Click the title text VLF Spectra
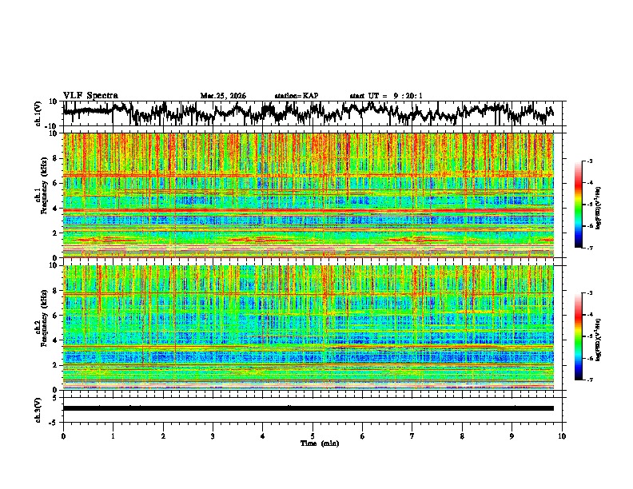(90, 95)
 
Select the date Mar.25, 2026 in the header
(223, 96)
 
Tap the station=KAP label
(296, 96)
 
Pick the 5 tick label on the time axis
(313, 435)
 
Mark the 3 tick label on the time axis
(213, 435)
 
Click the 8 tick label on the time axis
(462, 435)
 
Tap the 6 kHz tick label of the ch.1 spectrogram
(57, 183)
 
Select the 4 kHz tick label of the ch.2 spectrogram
(57, 340)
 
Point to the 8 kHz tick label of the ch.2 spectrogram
(57, 291)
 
